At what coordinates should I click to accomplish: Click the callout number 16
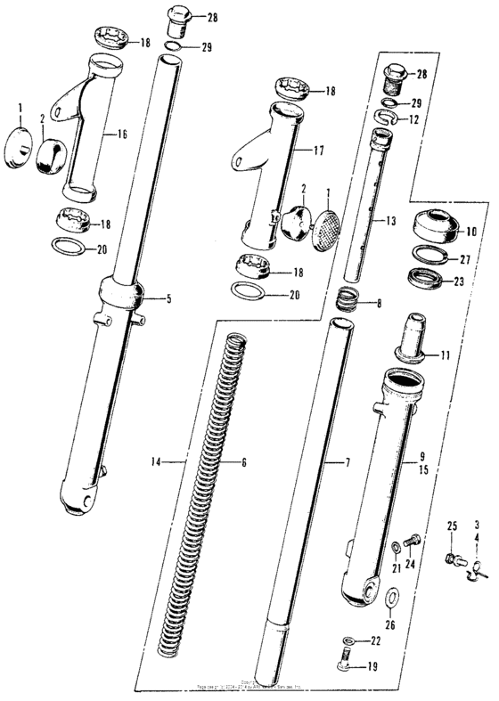[122, 135]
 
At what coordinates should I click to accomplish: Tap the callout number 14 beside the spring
[157, 462]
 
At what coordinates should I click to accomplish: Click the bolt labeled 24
[413, 539]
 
